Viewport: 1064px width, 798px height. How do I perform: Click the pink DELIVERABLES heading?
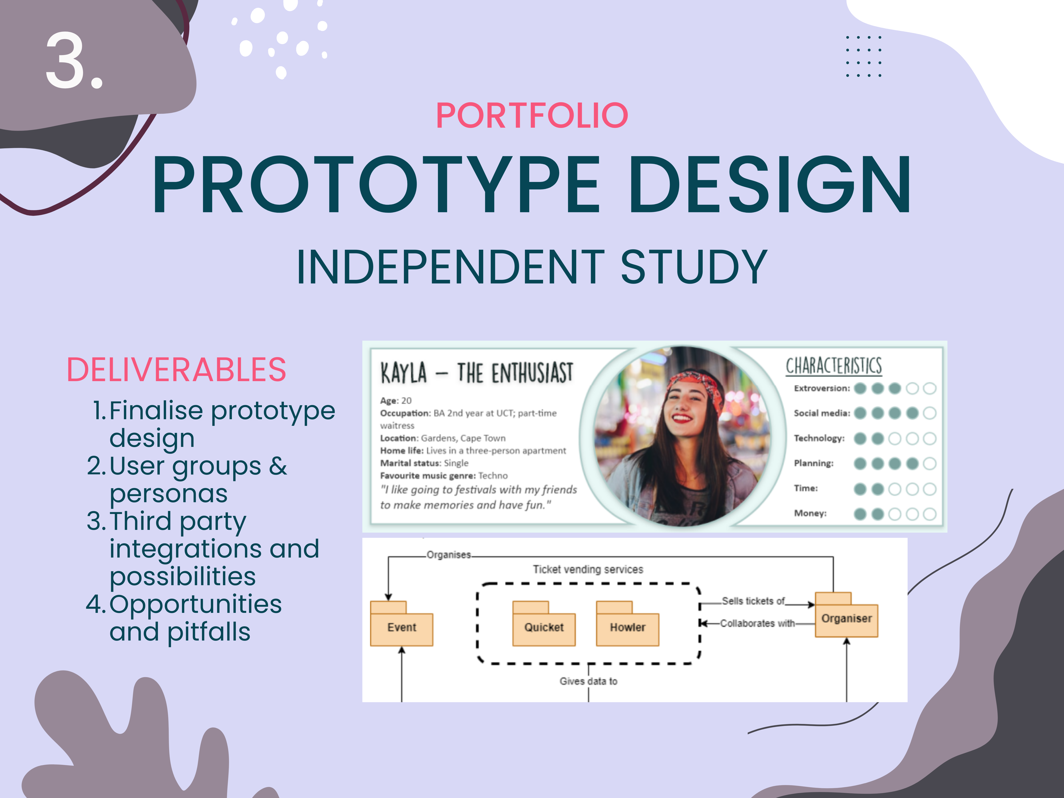coord(176,369)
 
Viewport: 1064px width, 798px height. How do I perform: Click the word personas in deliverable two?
coord(168,494)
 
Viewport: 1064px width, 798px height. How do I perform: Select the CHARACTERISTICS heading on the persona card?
coord(834,366)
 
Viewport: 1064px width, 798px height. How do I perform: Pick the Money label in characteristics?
coord(810,513)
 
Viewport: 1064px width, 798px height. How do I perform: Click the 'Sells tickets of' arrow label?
coord(753,601)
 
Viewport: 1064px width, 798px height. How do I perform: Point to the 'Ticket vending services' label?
coord(588,569)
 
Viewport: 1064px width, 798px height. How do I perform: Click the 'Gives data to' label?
coord(588,681)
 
